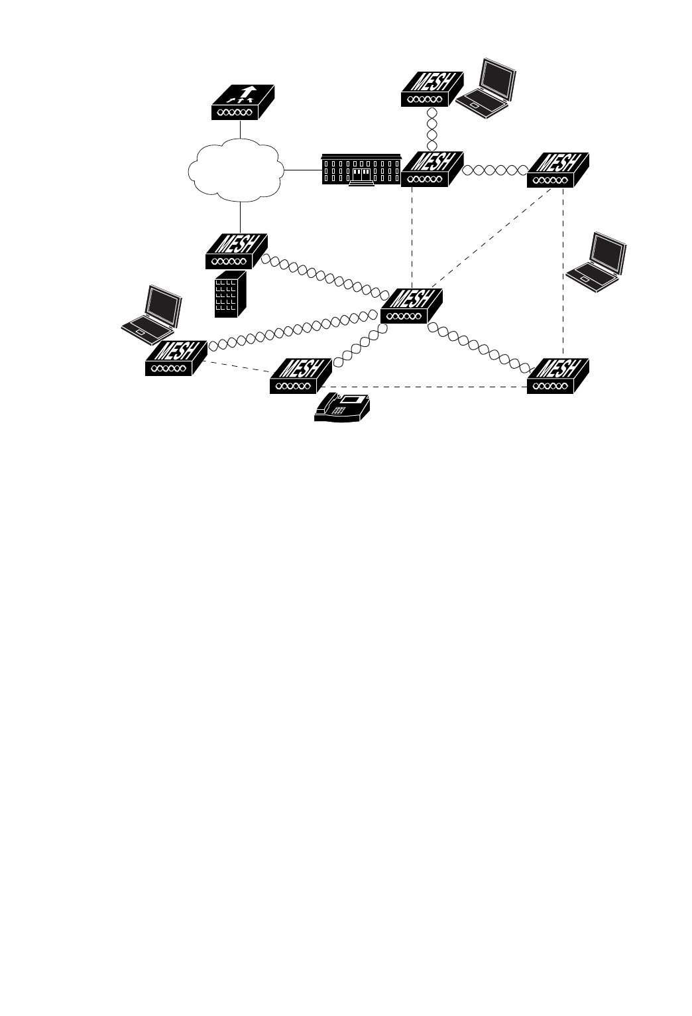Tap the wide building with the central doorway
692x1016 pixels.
tap(361, 170)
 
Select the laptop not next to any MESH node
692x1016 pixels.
tap(597, 263)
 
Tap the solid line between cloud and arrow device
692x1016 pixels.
tap(240, 129)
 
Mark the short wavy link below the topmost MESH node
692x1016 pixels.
tap(432, 129)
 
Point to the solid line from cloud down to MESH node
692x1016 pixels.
tap(240, 217)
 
